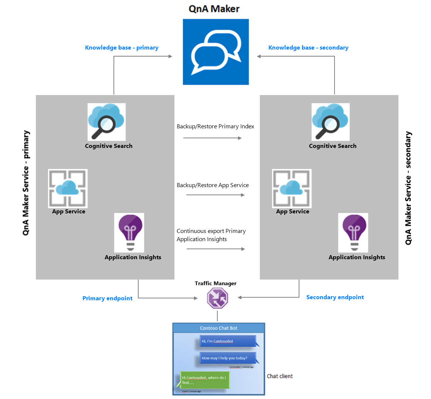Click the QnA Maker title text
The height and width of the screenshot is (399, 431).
pyautogui.click(x=214, y=9)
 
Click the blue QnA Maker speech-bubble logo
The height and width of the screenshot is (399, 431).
pyautogui.click(x=216, y=52)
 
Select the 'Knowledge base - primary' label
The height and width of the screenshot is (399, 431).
pyautogui.click(x=122, y=48)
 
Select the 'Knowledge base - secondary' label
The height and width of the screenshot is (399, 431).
pyautogui.click(x=308, y=48)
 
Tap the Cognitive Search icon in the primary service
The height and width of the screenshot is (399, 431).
pyautogui.click(x=106, y=122)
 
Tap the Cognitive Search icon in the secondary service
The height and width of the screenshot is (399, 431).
pyautogui.click(x=330, y=122)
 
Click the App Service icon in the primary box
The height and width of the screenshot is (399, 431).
pyautogui.click(x=68, y=189)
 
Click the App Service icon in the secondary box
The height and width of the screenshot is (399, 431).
pyautogui.click(x=292, y=189)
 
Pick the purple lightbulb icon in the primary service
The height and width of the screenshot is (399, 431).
pyautogui.click(x=129, y=233)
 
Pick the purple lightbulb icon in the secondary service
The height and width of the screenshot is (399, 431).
pyautogui.click(x=353, y=233)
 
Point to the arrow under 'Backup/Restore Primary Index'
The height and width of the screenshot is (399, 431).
pyautogui.click(x=213, y=138)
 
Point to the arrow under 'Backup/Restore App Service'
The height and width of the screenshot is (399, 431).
pyautogui.click(x=215, y=195)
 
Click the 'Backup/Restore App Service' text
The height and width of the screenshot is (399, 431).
pyautogui.click(x=213, y=185)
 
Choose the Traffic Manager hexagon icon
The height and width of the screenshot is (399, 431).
pyautogui.click(x=217, y=298)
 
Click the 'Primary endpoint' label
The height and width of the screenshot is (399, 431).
pyautogui.click(x=107, y=298)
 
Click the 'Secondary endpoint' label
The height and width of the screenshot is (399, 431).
pyautogui.click(x=335, y=297)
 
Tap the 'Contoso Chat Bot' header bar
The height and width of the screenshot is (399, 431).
pyautogui.click(x=218, y=328)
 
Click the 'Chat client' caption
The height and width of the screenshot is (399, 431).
pyautogui.click(x=279, y=376)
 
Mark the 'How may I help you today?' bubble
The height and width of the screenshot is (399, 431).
pyautogui.click(x=226, y=358)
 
